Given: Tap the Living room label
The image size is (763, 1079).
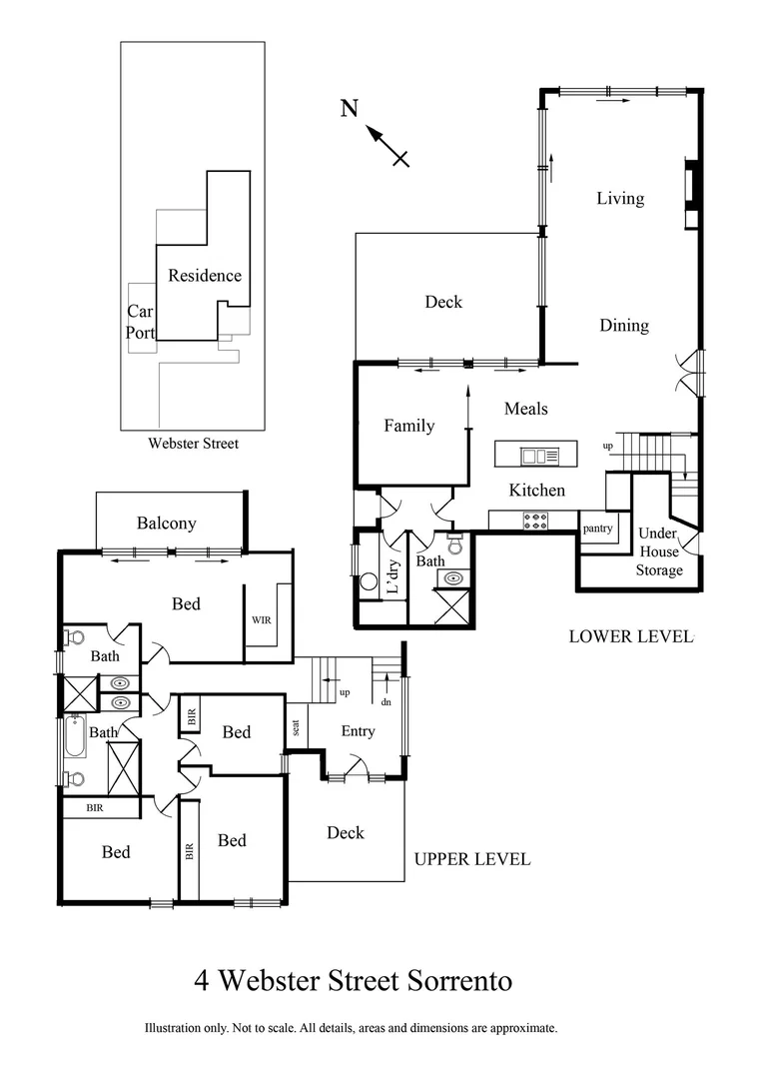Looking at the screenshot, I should [620, 198].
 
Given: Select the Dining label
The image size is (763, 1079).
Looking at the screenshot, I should [623, 325].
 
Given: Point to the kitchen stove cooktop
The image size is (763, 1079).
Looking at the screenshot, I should [536, 521].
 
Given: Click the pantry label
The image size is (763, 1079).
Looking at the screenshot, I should [598, 528].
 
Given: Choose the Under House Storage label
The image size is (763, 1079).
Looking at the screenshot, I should [659, 551].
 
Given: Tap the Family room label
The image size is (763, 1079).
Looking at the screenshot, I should [409, 426].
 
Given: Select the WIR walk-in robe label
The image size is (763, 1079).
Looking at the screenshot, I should [262, 619].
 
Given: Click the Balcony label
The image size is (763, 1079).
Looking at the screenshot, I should [167, 523].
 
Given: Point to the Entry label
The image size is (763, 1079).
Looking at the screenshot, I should [358, 731].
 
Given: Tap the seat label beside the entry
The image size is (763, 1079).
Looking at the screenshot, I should [297, 727].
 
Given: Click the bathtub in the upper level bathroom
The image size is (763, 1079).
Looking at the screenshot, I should [76, 735].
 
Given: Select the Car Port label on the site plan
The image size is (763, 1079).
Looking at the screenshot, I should [140, 323].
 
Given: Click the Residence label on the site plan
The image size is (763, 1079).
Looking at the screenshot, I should [204, 276].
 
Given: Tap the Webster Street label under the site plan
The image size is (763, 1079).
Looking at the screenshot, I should [193, 444].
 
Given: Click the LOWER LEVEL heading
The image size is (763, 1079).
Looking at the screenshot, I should [630, 635].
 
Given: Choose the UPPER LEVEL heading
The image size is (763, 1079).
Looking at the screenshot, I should [471, 858].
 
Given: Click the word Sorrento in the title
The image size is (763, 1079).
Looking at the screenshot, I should [458, 981].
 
